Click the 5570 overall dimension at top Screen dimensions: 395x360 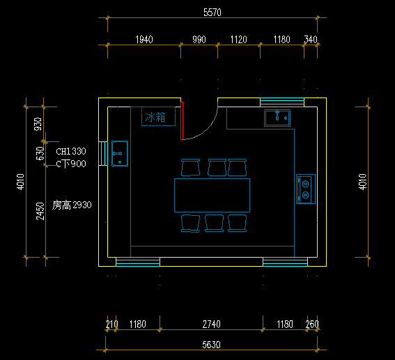pos(212,13)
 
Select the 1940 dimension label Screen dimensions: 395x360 pos(144,40)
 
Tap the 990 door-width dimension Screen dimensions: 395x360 pos(199,40)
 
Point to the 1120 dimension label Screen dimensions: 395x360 pos(238,40)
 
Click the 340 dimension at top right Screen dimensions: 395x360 pos(311,40)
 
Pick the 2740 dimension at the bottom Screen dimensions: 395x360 pos(212,324)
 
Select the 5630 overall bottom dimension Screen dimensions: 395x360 pos(211,345)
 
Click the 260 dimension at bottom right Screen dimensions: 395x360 pos(312,324)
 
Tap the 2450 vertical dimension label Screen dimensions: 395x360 pos(40,211)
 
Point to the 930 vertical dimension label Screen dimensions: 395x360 pos(38,124)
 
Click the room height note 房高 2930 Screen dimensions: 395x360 pos(72,205)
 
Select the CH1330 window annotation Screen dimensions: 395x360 pos(71,151)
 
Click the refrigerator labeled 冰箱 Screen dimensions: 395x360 pos(158,116)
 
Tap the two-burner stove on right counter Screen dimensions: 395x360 pos(306,189)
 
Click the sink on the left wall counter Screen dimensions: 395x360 pos(120,154)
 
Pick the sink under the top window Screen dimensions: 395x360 pos(277,118)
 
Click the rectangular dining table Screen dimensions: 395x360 pos(212,196)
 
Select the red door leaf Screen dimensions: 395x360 pos(182,120)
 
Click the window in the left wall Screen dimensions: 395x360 pos(103,154)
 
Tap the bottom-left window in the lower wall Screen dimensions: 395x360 pos(138,262)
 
